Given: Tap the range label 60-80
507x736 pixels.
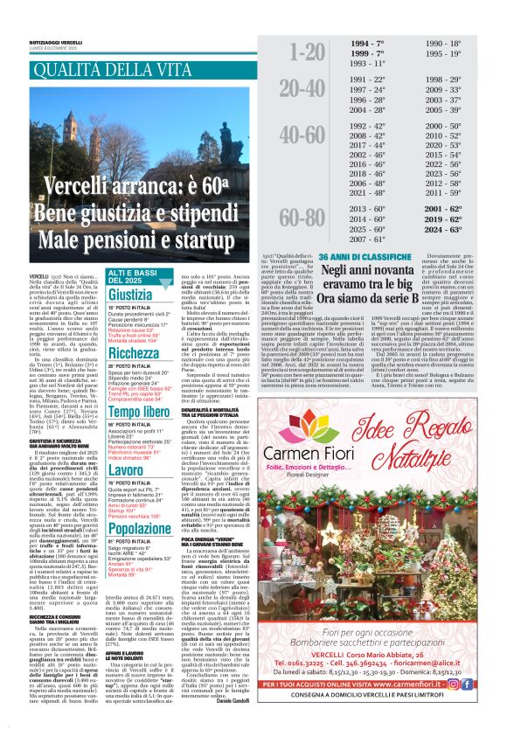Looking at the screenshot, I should (x=301, y=219).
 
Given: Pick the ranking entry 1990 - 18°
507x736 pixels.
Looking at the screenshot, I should (x=443, y=43).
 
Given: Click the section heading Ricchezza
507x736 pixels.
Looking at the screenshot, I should (x=134, y=353).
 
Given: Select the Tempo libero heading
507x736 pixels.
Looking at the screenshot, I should (x=138, y=410).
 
